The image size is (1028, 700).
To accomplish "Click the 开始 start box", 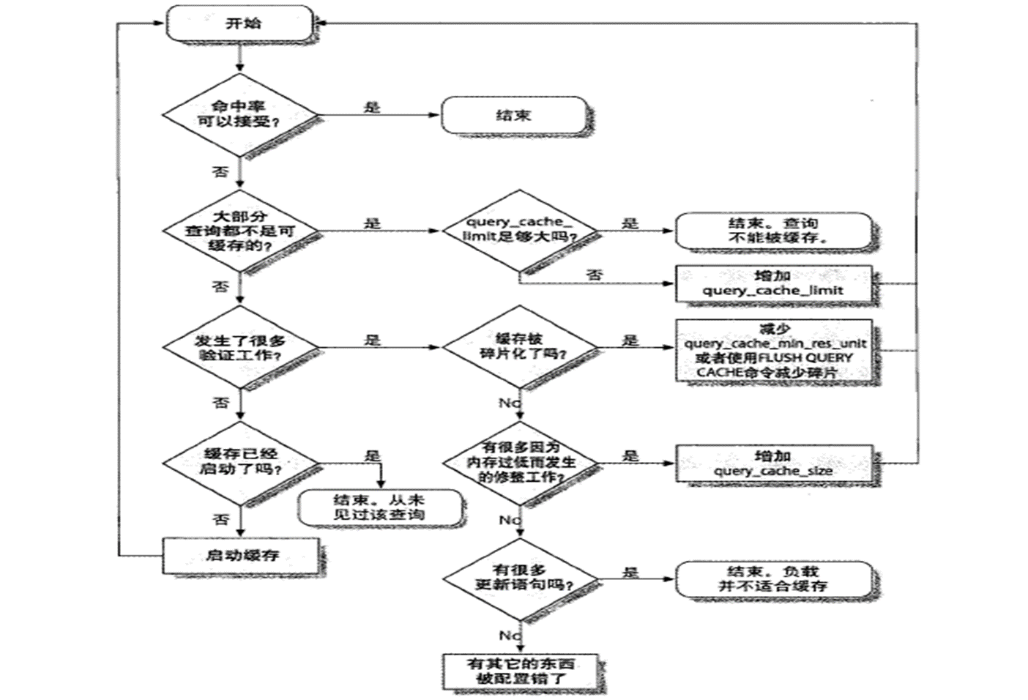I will pos(240,23).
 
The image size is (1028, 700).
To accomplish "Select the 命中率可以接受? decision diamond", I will pos(240,115).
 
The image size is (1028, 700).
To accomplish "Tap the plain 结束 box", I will pos(514,116).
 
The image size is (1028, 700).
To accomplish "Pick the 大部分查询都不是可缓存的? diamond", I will pos(240,231).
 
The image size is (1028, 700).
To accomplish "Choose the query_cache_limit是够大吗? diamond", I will pos(519,230).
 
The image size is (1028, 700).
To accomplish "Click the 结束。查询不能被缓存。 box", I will pos(773,231).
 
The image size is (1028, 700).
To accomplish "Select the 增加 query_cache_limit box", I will pos(773,283).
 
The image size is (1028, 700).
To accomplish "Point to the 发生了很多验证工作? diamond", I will pos(240,348).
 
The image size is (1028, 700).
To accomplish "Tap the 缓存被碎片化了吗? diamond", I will pos(519,347).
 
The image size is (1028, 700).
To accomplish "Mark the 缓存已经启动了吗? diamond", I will pos(240,462).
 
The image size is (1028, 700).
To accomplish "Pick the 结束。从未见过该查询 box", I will pos(379,507).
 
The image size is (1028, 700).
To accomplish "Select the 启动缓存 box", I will pos(241,556).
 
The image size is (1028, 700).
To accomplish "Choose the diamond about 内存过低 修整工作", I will pos(519,463).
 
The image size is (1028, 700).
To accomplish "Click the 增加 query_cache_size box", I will pos(773,463).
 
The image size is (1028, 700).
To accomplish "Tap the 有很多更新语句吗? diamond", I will pos(519,578).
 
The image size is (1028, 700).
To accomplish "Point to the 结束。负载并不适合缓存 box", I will pos(773,579).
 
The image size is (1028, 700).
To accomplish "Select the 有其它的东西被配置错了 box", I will pos(521,671).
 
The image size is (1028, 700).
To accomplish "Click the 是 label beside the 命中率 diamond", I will pos(372,108).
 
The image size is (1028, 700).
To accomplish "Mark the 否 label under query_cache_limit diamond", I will pos(595,275).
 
